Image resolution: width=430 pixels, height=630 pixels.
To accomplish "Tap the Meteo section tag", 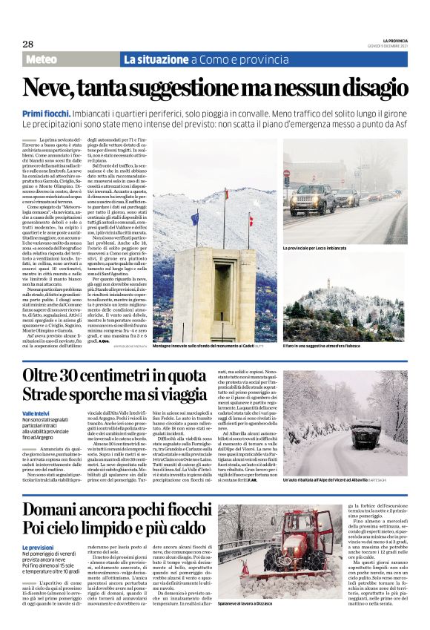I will (46, 59).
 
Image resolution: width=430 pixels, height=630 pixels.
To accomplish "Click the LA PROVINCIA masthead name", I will (386, 40).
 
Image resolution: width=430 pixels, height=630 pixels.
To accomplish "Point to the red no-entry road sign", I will (286, 172).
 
